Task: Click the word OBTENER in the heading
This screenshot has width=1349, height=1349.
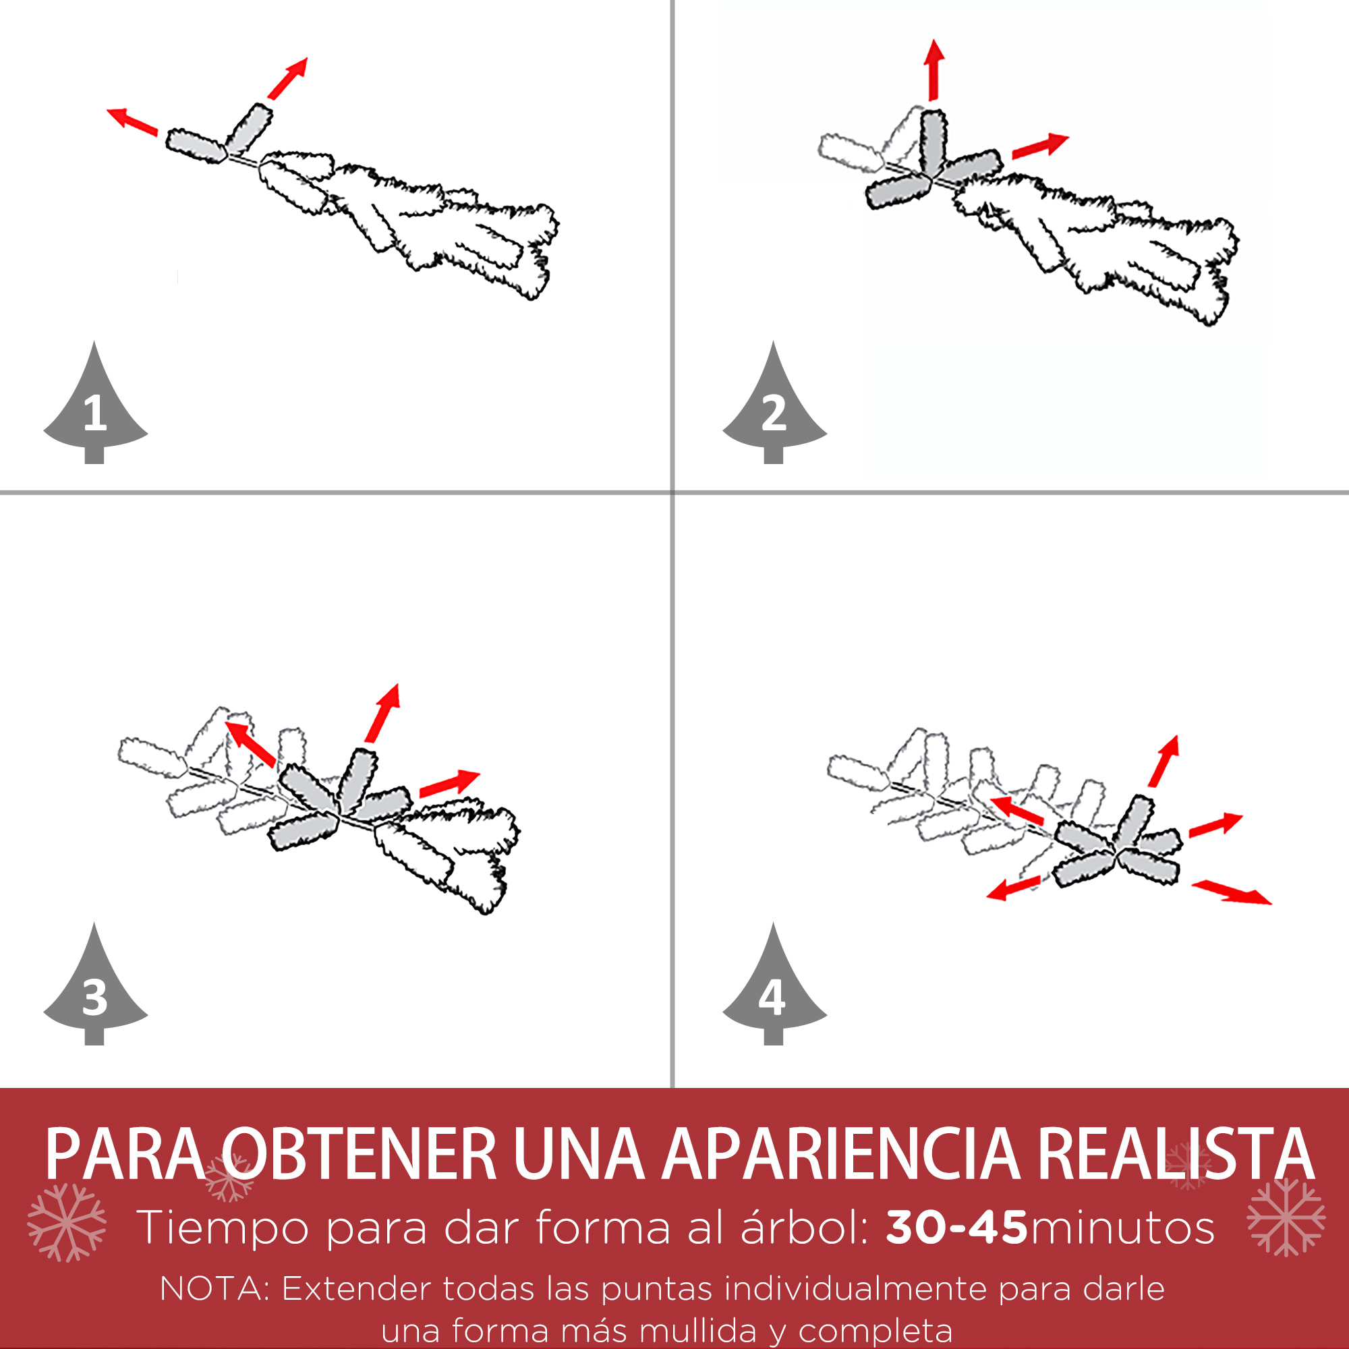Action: coord(358,1154)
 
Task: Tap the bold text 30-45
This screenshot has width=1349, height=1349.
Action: coord(956,1228)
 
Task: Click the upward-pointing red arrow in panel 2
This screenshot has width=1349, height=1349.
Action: coord(934,70)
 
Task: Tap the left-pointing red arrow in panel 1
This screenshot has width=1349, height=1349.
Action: coord(132,121)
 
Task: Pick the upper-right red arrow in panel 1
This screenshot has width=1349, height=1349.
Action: coord(288,78)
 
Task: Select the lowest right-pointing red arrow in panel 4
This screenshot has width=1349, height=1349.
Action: coord(1232,892)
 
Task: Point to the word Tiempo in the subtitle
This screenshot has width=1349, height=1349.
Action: coord(223,1228)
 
